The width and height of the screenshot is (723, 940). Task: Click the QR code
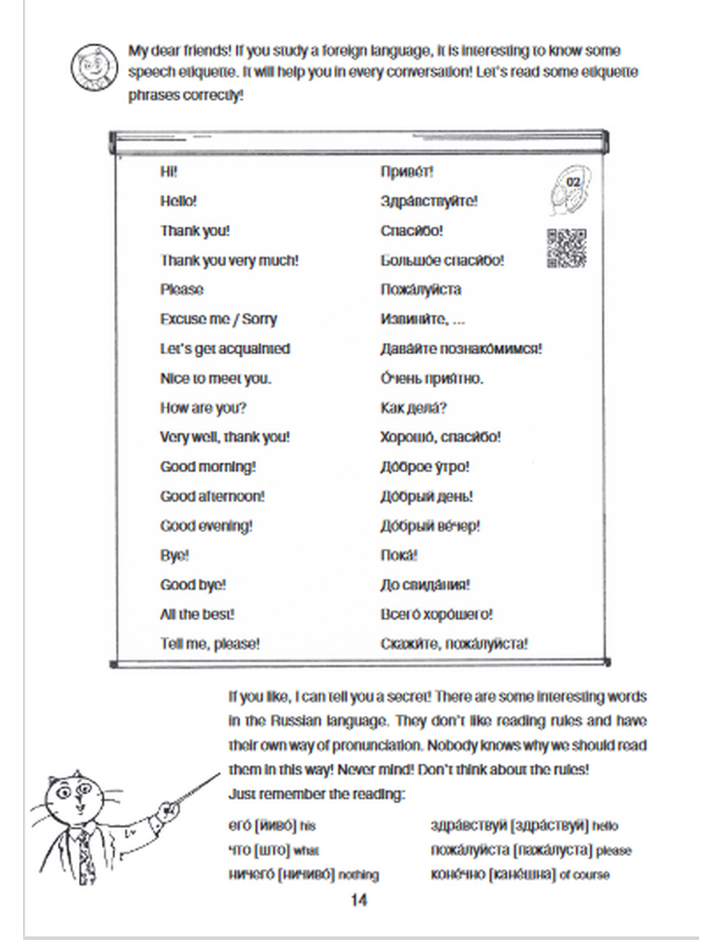point(566,248)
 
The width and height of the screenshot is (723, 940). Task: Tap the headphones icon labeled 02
point(570,190)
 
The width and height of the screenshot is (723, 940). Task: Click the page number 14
point(359,900)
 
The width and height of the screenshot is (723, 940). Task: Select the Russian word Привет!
point(406,172)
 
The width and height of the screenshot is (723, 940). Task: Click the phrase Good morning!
point(208,467)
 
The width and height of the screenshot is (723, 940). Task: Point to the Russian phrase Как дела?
point(413,409)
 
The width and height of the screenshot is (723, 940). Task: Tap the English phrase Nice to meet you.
point(215,379)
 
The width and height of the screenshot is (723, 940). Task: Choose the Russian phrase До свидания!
point(425,585)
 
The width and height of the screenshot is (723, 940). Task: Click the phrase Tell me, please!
point(210,644)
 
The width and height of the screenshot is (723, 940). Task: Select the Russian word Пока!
point(398,555)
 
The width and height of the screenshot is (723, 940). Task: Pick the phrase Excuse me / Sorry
point(218,320)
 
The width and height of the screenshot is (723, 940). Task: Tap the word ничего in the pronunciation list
point(251,875)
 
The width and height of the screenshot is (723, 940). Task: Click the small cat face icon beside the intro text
point(93,67)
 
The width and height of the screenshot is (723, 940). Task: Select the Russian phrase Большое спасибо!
point(442,260)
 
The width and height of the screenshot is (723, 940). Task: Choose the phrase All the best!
point(197,615)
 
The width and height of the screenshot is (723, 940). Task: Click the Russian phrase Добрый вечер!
point(429,526)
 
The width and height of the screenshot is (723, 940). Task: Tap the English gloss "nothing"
point(359,876)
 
